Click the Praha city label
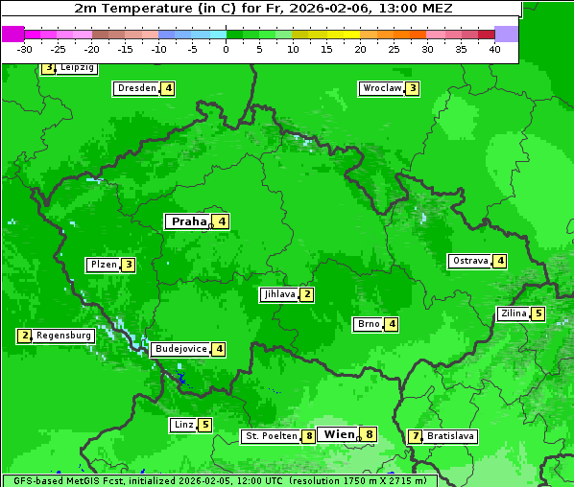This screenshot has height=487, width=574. [x=189, y=221]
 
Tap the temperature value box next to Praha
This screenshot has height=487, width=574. [x=222, y=221]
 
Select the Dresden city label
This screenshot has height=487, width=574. [x=136, y=88]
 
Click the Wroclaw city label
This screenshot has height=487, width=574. [x=381, y=88]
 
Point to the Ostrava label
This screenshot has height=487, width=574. [x=469, y=261]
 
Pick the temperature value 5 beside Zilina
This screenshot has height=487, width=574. [x=538, y=313]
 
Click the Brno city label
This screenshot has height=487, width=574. [x=369, y=324]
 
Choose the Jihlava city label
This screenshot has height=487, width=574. [x=278, y=294]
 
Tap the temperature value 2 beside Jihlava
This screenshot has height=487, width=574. [x=306, y=294]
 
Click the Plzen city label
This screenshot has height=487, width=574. [x=103, y=265]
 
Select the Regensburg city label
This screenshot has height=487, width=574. [x=64, y=336]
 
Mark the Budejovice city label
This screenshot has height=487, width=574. [x=180, y=349]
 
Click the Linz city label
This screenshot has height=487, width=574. [x=182, y=425]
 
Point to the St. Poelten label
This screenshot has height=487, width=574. [x=270, y=436]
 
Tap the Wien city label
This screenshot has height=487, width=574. [x=339, y=434]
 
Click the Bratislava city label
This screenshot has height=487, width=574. [x=450, y=436]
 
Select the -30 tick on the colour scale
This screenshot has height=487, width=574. [x=25, y=48]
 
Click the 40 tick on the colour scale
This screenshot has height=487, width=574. [x=494, y=48]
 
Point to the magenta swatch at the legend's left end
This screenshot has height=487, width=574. [x=12, y=34]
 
